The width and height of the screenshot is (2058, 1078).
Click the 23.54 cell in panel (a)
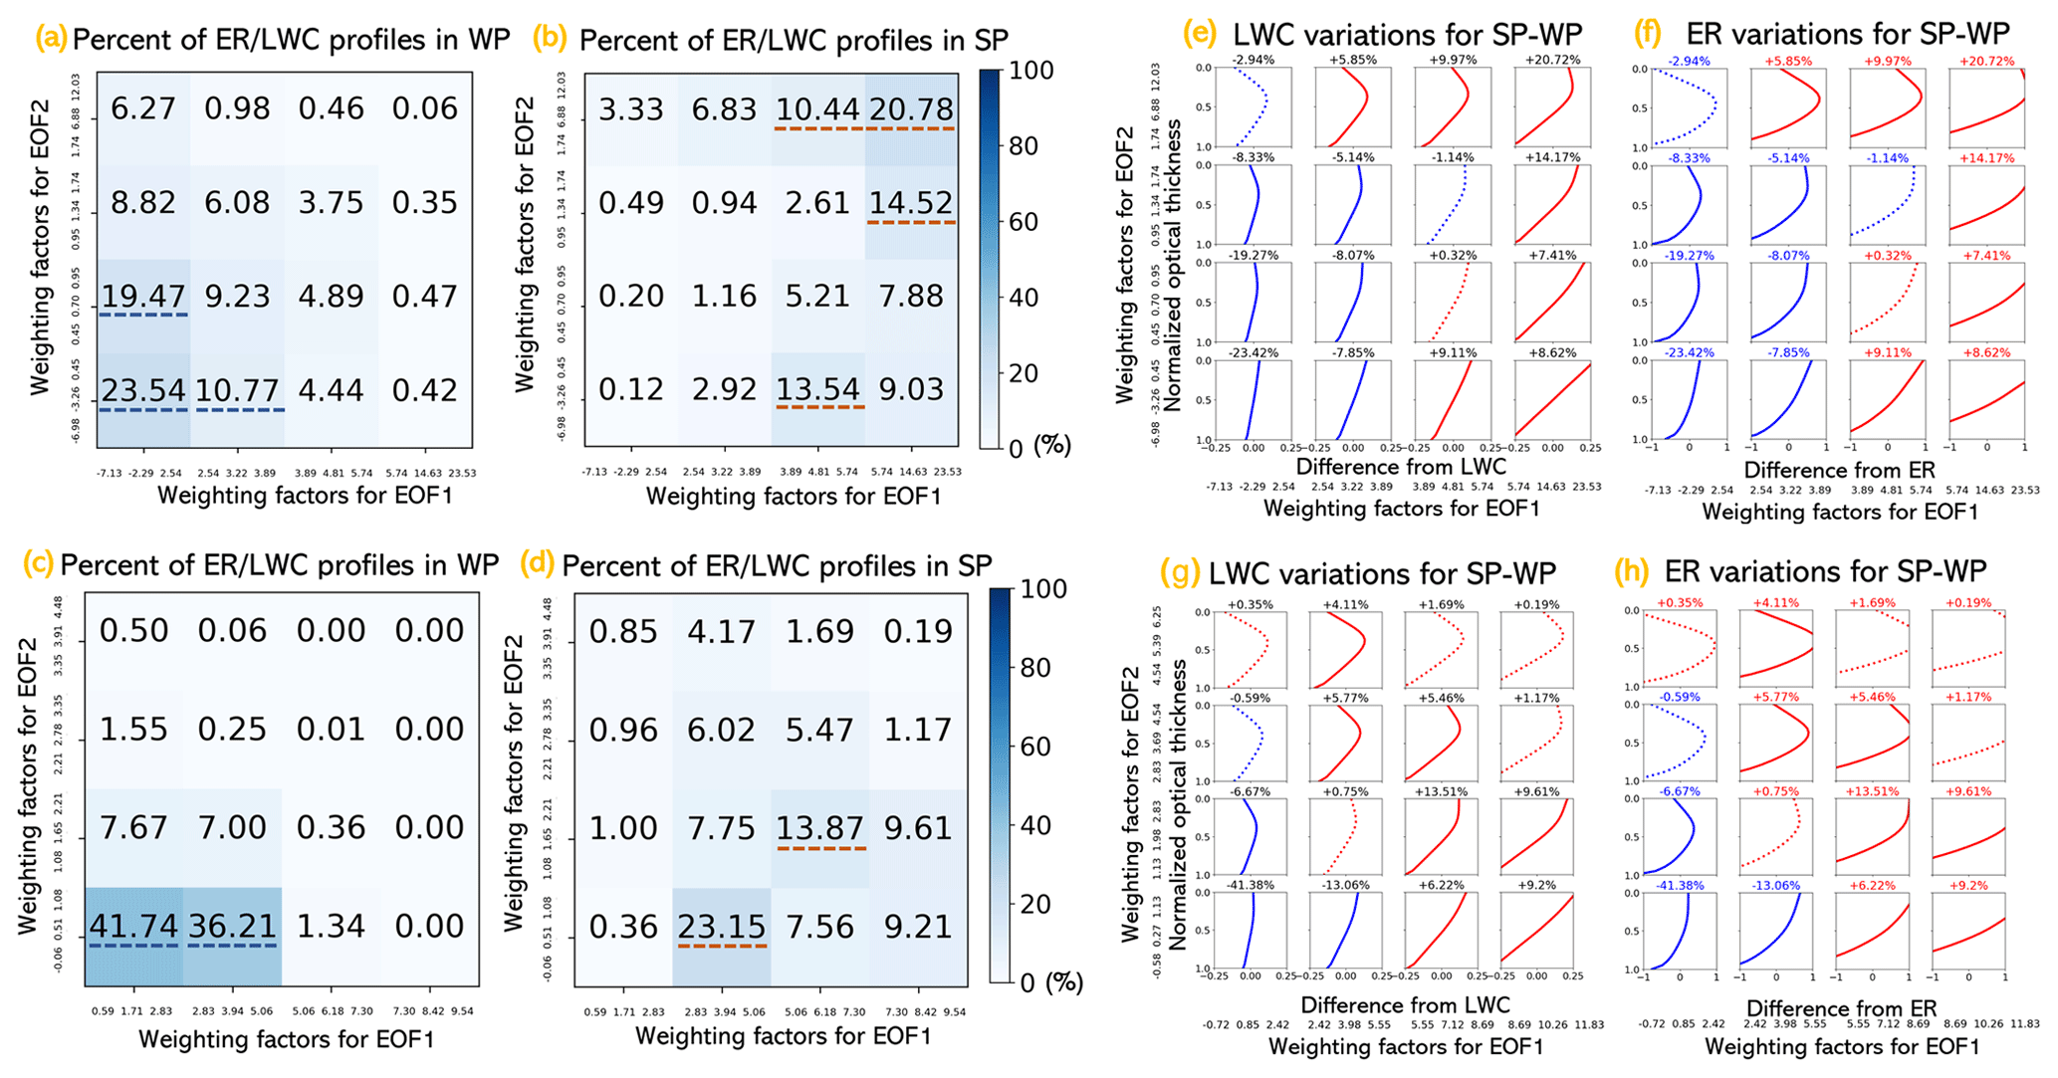143,389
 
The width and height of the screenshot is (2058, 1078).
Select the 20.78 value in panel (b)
911,109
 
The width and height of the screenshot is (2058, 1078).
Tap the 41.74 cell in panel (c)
133,926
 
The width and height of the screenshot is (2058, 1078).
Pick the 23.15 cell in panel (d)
722,927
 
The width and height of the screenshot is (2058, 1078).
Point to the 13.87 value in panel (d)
819,828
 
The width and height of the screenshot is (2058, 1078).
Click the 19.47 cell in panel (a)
143,296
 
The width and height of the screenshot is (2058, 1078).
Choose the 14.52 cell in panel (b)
911,203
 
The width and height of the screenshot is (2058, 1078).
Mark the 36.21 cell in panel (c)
232,926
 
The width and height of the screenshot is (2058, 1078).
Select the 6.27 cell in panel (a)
143,108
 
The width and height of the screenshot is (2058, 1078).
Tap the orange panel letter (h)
1633,570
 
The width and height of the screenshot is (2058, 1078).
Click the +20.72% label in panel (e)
1552,60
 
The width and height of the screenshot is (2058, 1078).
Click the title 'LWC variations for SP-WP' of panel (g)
1382,573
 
